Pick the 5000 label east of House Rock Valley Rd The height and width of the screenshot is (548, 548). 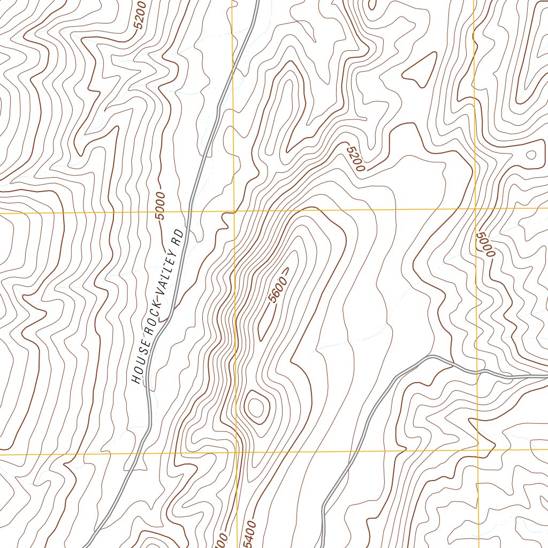485,244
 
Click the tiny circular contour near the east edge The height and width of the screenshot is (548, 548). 531,155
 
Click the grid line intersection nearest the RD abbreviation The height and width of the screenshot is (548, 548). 234,211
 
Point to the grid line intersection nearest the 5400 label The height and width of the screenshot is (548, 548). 237,453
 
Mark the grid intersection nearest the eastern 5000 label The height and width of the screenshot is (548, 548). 476,208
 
